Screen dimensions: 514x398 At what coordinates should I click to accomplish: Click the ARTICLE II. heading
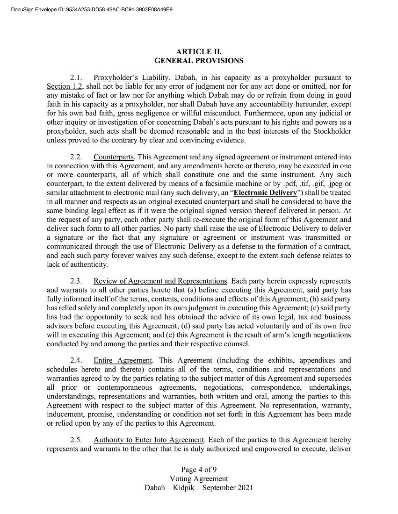tap(199, 52)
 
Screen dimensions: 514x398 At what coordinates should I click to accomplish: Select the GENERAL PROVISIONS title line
tap(199, 61)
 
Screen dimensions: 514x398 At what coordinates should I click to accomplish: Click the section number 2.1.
tap(76, 78)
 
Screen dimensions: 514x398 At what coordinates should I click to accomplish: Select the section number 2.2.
tap(76, 157)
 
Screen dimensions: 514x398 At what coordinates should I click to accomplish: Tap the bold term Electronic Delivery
tap(265, 193)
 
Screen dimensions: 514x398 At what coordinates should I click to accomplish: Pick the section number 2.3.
tap(76, 281)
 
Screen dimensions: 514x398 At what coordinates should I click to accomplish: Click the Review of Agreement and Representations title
tap(160, 281)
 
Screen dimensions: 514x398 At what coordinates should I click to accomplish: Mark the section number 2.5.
tap(76, 440)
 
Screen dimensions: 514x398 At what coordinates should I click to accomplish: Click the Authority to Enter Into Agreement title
tap(149, 440)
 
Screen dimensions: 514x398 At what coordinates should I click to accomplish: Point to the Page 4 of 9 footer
tap(199, 470)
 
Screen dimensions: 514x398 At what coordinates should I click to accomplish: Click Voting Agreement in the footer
tap(199, 478)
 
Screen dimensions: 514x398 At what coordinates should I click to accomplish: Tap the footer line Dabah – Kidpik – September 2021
tap(199, 488)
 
